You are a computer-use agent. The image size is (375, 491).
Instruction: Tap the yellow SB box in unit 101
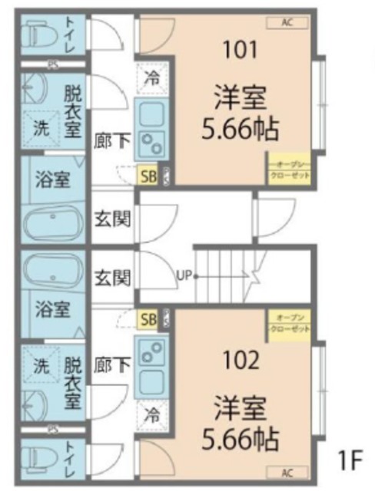coord(147,176)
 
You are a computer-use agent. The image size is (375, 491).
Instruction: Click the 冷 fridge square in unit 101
coord(151,77)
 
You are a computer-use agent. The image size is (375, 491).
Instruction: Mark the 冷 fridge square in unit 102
coord(151,417)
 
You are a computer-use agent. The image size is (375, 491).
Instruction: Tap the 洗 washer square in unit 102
coord(39,366)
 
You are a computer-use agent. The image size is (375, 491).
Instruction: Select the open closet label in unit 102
coord(289,323)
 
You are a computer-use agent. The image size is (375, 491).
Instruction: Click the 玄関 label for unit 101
coord(112,217)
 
